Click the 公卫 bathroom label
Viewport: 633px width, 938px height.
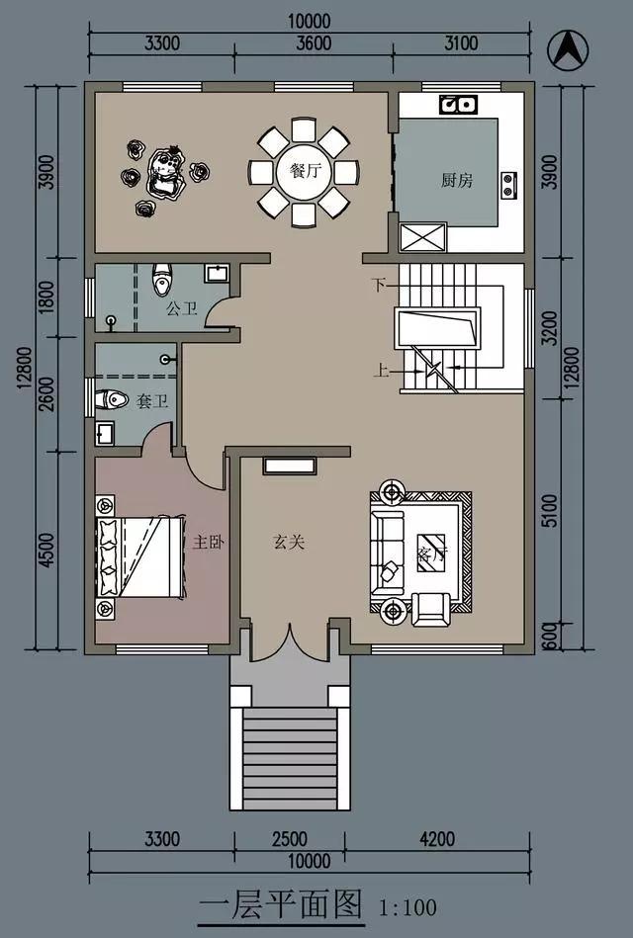(x=181, y=309)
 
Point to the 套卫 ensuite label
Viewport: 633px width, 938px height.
(x=150, y=401)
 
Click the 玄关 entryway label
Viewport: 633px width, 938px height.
(x=288, y=542)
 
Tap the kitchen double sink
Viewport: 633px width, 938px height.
(x=458, y=103)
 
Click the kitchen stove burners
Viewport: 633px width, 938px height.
(x=509, y=182)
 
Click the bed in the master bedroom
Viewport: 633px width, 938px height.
(x=138, y=557)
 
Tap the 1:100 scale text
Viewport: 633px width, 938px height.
(x=408, y=905)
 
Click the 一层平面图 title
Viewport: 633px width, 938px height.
(x=282, y=905)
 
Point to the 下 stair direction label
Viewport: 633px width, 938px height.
(x=377, y=285)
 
